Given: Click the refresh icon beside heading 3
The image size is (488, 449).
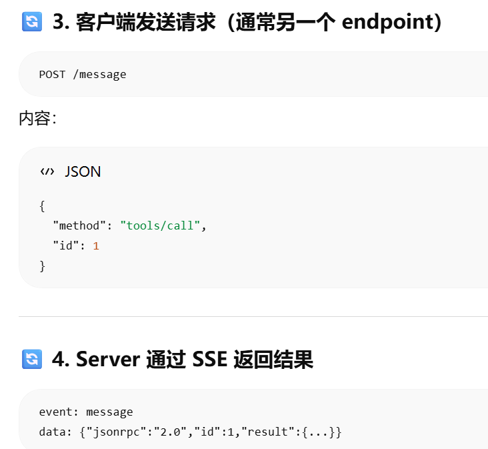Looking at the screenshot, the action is [x=32, y=22].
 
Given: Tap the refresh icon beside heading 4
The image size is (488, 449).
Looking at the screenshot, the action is [x=32, y=359].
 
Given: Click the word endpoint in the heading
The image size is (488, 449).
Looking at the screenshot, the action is [x=389, y=23].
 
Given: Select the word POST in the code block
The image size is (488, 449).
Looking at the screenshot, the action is [x=52, y=75].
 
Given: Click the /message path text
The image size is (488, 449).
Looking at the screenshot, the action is [x=99, y=75].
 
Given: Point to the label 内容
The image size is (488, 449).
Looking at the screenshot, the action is [x=35, y=118].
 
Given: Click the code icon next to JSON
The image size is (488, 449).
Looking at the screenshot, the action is [x=47, y=171].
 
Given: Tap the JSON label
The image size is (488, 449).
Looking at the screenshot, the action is [x=83, y=171].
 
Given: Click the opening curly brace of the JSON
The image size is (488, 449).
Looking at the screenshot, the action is [x=42, y=206].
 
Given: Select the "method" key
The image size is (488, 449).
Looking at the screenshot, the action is [x=79, y=226].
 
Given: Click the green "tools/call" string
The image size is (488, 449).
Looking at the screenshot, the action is [x=160, y=226].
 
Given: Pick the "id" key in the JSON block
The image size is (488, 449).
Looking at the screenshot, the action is [x=66, y=246].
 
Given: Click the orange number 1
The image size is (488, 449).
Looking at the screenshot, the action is [x=96, y=246].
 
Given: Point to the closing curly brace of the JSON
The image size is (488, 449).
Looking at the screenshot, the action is [x=42, y=267].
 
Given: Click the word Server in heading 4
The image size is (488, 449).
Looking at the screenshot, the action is [x=108, y=360].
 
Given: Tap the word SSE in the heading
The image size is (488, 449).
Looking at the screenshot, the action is [x=210, y=360].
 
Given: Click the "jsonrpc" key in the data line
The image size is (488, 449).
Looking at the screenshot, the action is [x=117, y=432].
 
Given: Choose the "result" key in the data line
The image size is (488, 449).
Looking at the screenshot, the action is [x=268, y=432].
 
